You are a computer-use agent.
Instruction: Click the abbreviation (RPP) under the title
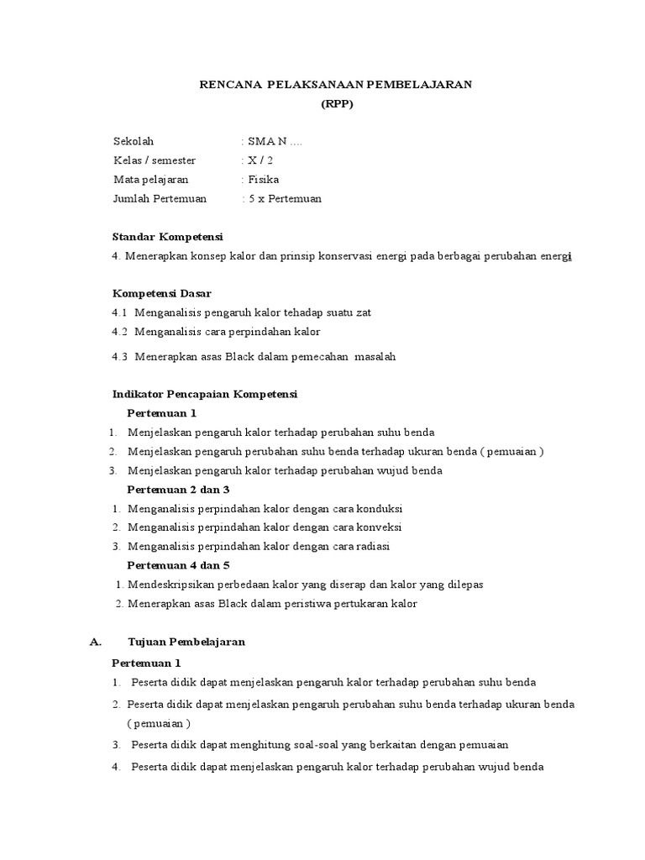pos(337,104)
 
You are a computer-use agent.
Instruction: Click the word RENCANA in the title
pos(225,85)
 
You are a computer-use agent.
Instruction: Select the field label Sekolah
pos(134,141)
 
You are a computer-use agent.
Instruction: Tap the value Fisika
pos(263,180)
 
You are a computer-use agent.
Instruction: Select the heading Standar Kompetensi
pos(167,237)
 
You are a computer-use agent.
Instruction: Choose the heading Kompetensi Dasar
pos(162,294)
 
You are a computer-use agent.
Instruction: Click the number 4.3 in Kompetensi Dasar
pos(120,356)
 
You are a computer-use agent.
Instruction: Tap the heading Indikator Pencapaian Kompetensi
pos(205,394)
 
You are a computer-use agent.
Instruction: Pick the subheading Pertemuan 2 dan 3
pos(178,489)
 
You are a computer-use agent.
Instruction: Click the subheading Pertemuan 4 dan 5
pos(178,565)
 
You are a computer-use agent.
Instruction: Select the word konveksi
pos(379,527)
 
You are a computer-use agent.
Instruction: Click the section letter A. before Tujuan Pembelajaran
pos(96,642)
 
